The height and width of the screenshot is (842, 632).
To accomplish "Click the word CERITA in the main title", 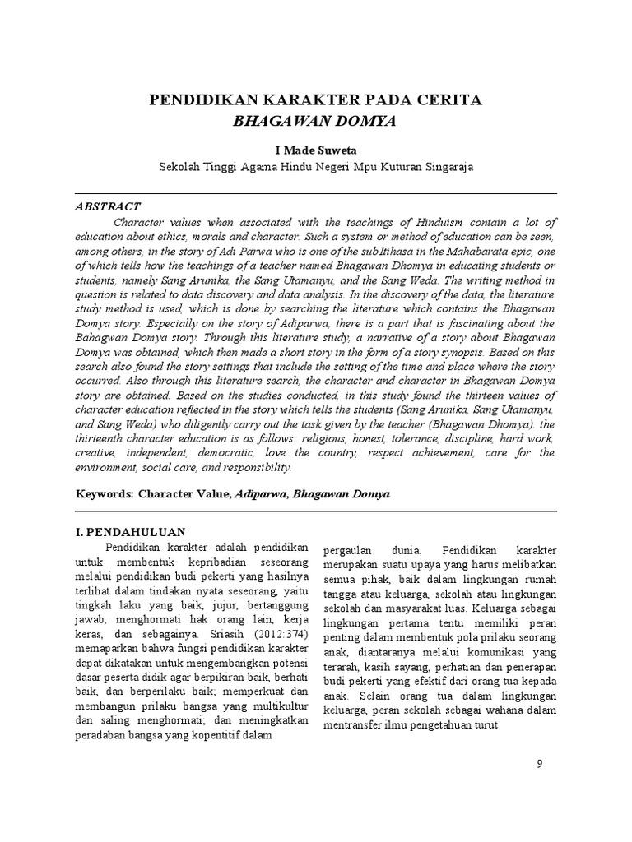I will click(x=448, y=101).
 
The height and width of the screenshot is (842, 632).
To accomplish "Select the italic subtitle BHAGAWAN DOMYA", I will click(x=316, y=122).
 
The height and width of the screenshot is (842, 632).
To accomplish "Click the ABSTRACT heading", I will click(x=108, y=206).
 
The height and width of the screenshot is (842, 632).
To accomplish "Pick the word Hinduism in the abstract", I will click(x=446, y=222).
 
